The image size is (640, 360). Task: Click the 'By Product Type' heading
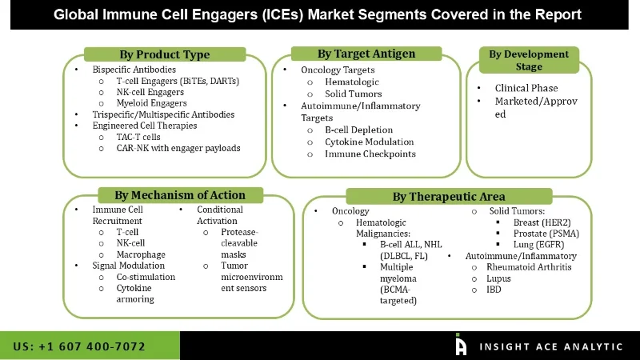point(164,54)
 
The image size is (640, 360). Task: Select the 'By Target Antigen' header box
point(366,54)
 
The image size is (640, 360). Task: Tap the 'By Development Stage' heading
point(529,60)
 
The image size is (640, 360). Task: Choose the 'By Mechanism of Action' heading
point(179,194)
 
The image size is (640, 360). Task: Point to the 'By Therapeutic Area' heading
point(448,197)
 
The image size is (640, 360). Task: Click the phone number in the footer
point(79,346)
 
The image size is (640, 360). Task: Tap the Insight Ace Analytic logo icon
point(461,345)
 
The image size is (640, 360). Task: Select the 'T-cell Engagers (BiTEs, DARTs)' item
point(177,81)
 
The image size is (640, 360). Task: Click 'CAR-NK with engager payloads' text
point(178,148)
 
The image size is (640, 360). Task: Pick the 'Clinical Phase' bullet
point(526,88)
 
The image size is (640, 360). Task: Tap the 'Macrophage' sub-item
point(141,254)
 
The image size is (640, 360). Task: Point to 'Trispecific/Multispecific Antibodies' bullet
point(162,114)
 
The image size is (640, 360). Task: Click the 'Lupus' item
point(499,278)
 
